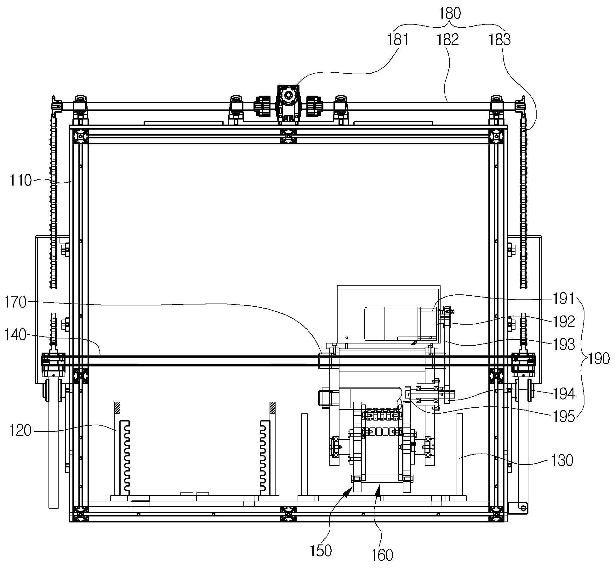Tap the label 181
(x=398, y=40)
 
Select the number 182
(x=447, y=40)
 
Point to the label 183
(x=499, y=40)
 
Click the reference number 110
(x=21, y=181)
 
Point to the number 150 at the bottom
(x=321, y=551)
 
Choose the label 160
(x=382, y=555)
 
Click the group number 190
(x=599, y=359)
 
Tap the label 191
(x=564, y=299)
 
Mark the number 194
(x=564, y=394)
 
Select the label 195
(x=564, y=416)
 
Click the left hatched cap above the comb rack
(x=117, y=408)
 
